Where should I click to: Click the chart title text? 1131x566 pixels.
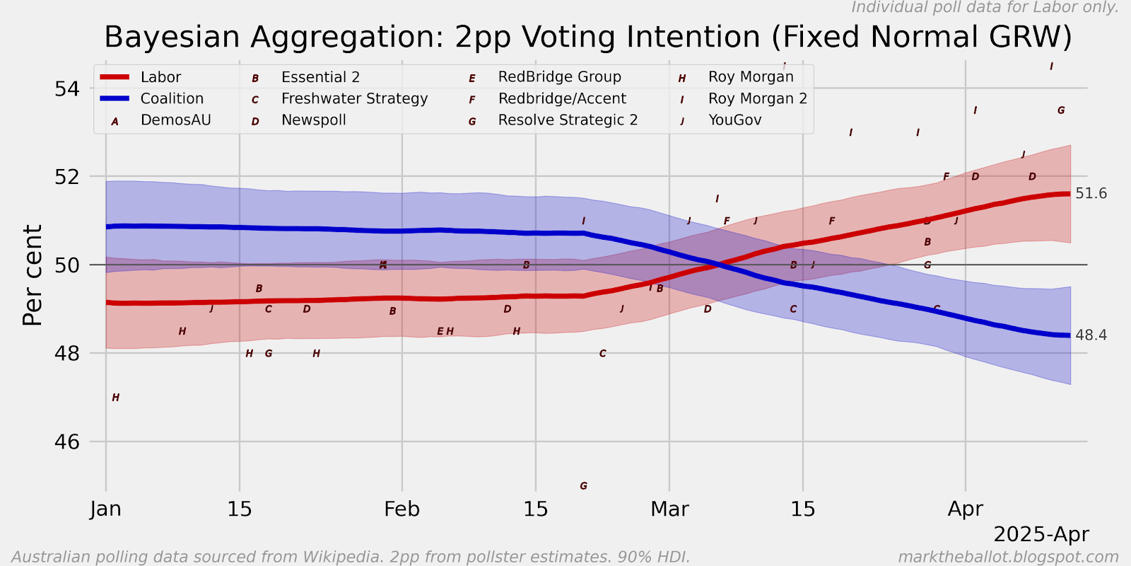click(587, 37)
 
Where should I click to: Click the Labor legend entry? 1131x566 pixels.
click(160, 77)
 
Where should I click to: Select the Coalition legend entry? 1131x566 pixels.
click(172, 98)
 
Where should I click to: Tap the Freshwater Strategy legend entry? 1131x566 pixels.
click(354, 98)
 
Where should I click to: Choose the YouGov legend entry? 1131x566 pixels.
click(734, 120)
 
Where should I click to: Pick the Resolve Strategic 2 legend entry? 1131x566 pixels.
click(568, 120)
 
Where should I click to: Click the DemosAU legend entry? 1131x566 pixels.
click(175, 120)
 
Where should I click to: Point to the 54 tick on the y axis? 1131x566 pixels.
click(67, 89)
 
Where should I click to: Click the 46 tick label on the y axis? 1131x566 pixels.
click(67, 442)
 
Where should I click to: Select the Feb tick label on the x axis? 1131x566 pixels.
click(402, 509)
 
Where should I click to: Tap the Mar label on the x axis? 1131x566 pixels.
click(669, 509)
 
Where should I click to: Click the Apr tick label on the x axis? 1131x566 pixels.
click(965, 509)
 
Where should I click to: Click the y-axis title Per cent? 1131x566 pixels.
click(33, 275)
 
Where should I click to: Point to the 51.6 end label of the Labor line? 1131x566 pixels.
click(1091, 194)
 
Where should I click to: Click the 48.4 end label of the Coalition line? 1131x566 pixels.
click(1091, 335)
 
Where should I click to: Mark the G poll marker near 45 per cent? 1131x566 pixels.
click(583, 486)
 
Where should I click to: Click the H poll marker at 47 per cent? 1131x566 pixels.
click(116, 398)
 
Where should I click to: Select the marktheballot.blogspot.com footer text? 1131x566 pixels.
click(1008, 558)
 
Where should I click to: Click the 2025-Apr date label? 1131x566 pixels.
click(1041, 534)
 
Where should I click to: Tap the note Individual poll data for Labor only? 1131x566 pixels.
click(985, 8)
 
